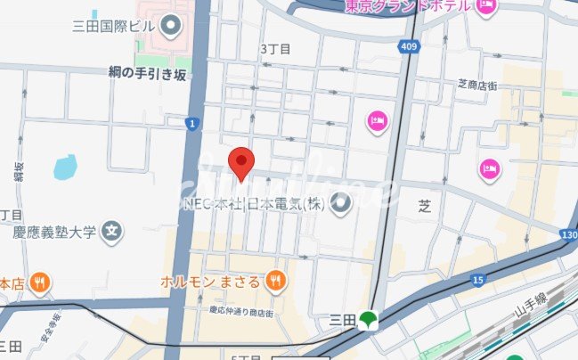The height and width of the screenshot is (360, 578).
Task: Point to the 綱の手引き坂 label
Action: click(148, 75)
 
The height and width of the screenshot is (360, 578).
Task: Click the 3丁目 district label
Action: click(275, 49)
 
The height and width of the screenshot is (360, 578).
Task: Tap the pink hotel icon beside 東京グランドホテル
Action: click(485, 7)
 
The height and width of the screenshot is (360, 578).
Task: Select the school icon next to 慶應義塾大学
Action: click(111, 233)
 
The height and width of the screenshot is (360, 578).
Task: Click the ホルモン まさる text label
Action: click(211, 282)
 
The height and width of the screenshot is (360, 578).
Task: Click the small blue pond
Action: click(64, 167)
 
